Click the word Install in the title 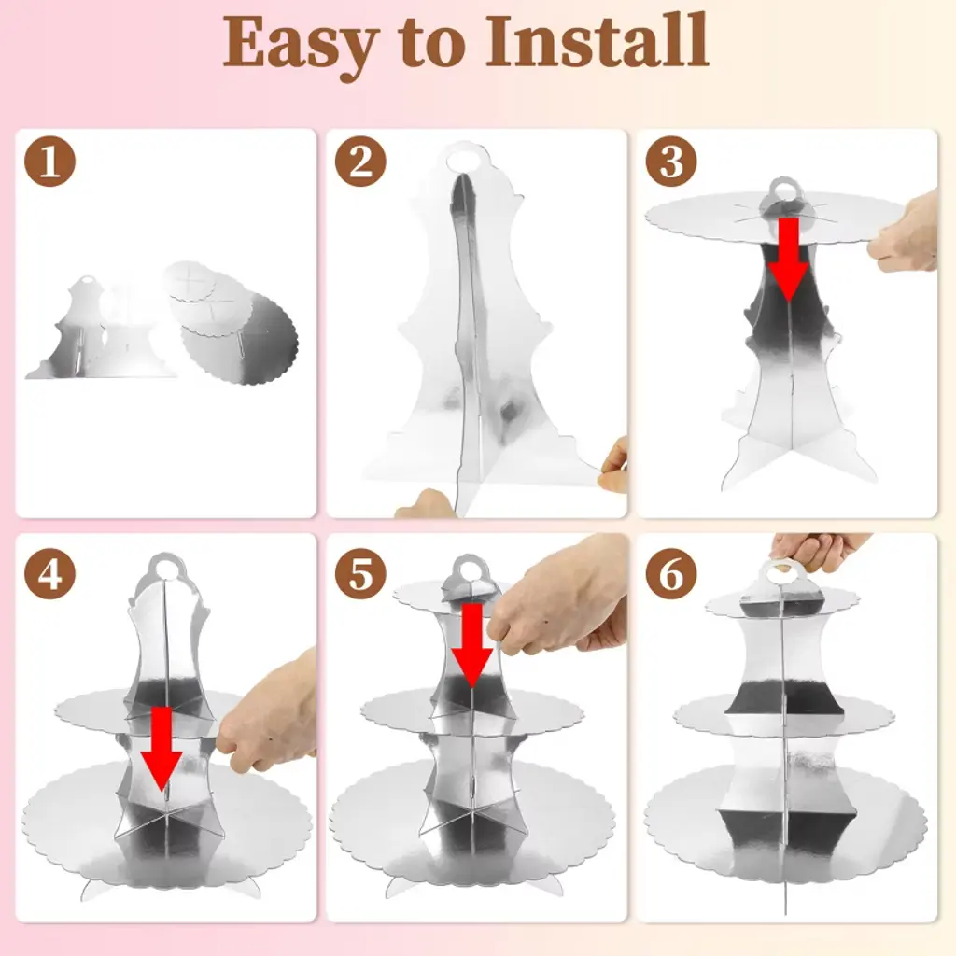597,39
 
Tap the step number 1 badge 49,162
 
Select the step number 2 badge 360,162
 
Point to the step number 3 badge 671,162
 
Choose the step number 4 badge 49,574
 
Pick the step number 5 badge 360,574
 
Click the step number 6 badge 671,574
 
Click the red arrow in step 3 788,260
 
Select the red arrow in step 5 471,645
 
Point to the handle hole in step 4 163,569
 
